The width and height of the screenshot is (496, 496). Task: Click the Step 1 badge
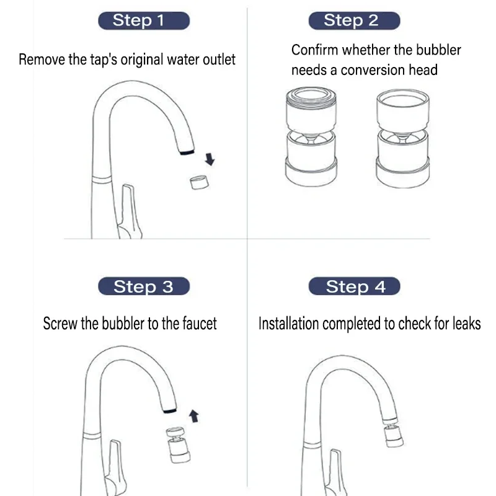pos(143,20)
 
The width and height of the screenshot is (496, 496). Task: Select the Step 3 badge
pos(143,286)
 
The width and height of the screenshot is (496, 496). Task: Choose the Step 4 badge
pos(355,286)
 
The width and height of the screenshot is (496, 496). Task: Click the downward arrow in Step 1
pos(210,159)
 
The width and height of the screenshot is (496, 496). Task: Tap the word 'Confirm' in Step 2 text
pos(315,50)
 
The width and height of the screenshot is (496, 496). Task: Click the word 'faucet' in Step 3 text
pos(199,324)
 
